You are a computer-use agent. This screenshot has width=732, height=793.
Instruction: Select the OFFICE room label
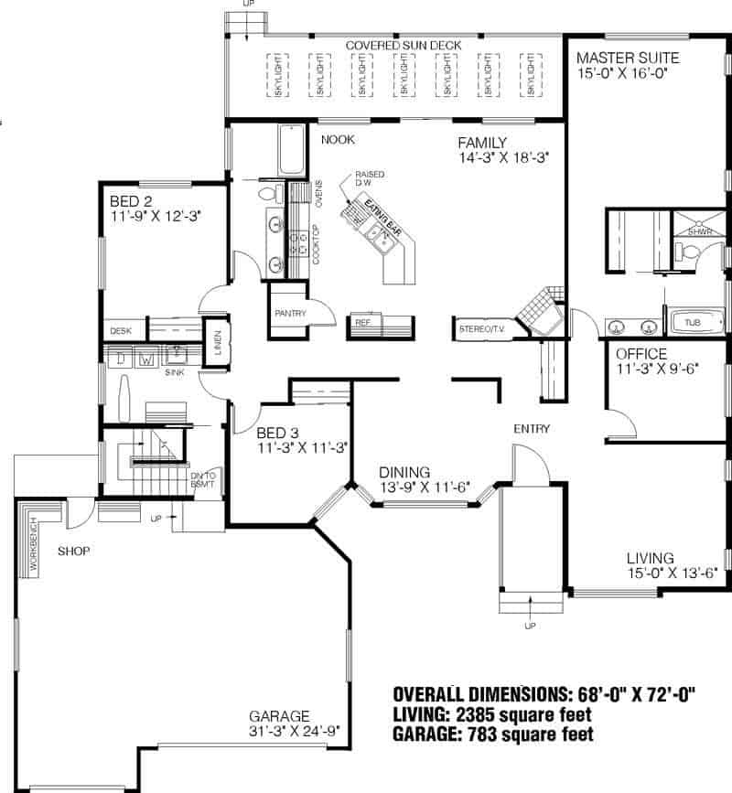point(640,354)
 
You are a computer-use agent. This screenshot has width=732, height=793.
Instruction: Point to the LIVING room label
point(650,558)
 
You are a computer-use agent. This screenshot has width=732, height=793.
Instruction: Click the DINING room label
point(404,472)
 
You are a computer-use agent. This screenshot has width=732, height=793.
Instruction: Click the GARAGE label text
point(279,716)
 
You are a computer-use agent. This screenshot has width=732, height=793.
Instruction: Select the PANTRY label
point(289,314)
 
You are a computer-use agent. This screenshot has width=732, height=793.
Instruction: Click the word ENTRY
point(531,428)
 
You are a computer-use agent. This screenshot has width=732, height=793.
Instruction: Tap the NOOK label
point(337,140)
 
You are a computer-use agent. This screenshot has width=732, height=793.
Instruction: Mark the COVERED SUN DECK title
point(403,45)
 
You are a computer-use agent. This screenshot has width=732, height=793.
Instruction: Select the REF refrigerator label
point(361,323)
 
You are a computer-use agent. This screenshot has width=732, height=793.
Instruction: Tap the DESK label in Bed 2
point(121,331)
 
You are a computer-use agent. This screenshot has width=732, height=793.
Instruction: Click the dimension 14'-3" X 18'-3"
point(503,157)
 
